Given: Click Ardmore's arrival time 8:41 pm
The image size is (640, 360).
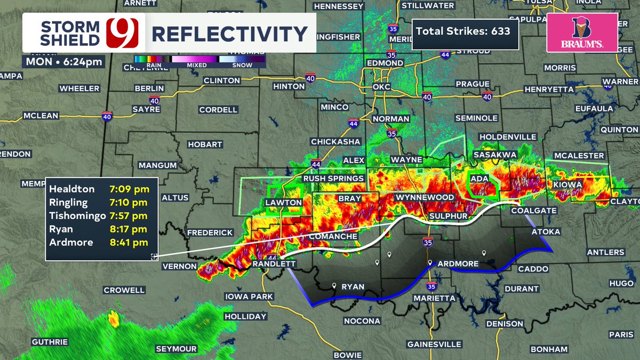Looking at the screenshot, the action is click(x=130, y=242).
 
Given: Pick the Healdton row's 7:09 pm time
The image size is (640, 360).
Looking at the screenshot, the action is click(x=130, y=189).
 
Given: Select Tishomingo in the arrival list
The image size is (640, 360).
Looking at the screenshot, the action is click(x=75, y=215).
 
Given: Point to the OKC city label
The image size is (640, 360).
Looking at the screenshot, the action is click(x=382, y=86).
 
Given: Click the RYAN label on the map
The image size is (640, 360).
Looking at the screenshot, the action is click(x=353, y=287).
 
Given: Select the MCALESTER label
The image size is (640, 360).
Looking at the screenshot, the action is click(x=578, y=155).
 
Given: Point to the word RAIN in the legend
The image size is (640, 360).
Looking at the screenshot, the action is click(x=144, y=66).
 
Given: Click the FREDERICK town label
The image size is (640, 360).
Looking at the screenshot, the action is click(x=210, y=233).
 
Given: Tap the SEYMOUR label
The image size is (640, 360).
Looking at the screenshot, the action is click(x=176, y=349).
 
